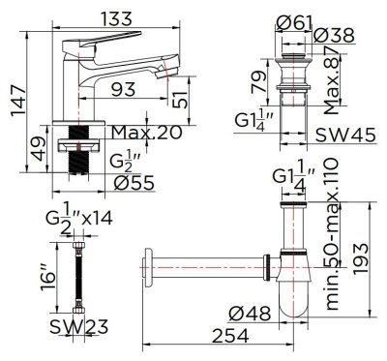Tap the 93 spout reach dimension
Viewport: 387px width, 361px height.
[x=122, y=89]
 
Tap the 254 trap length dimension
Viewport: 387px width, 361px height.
[x=225, y=334]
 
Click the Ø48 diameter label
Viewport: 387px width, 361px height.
[x=254, y=313]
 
